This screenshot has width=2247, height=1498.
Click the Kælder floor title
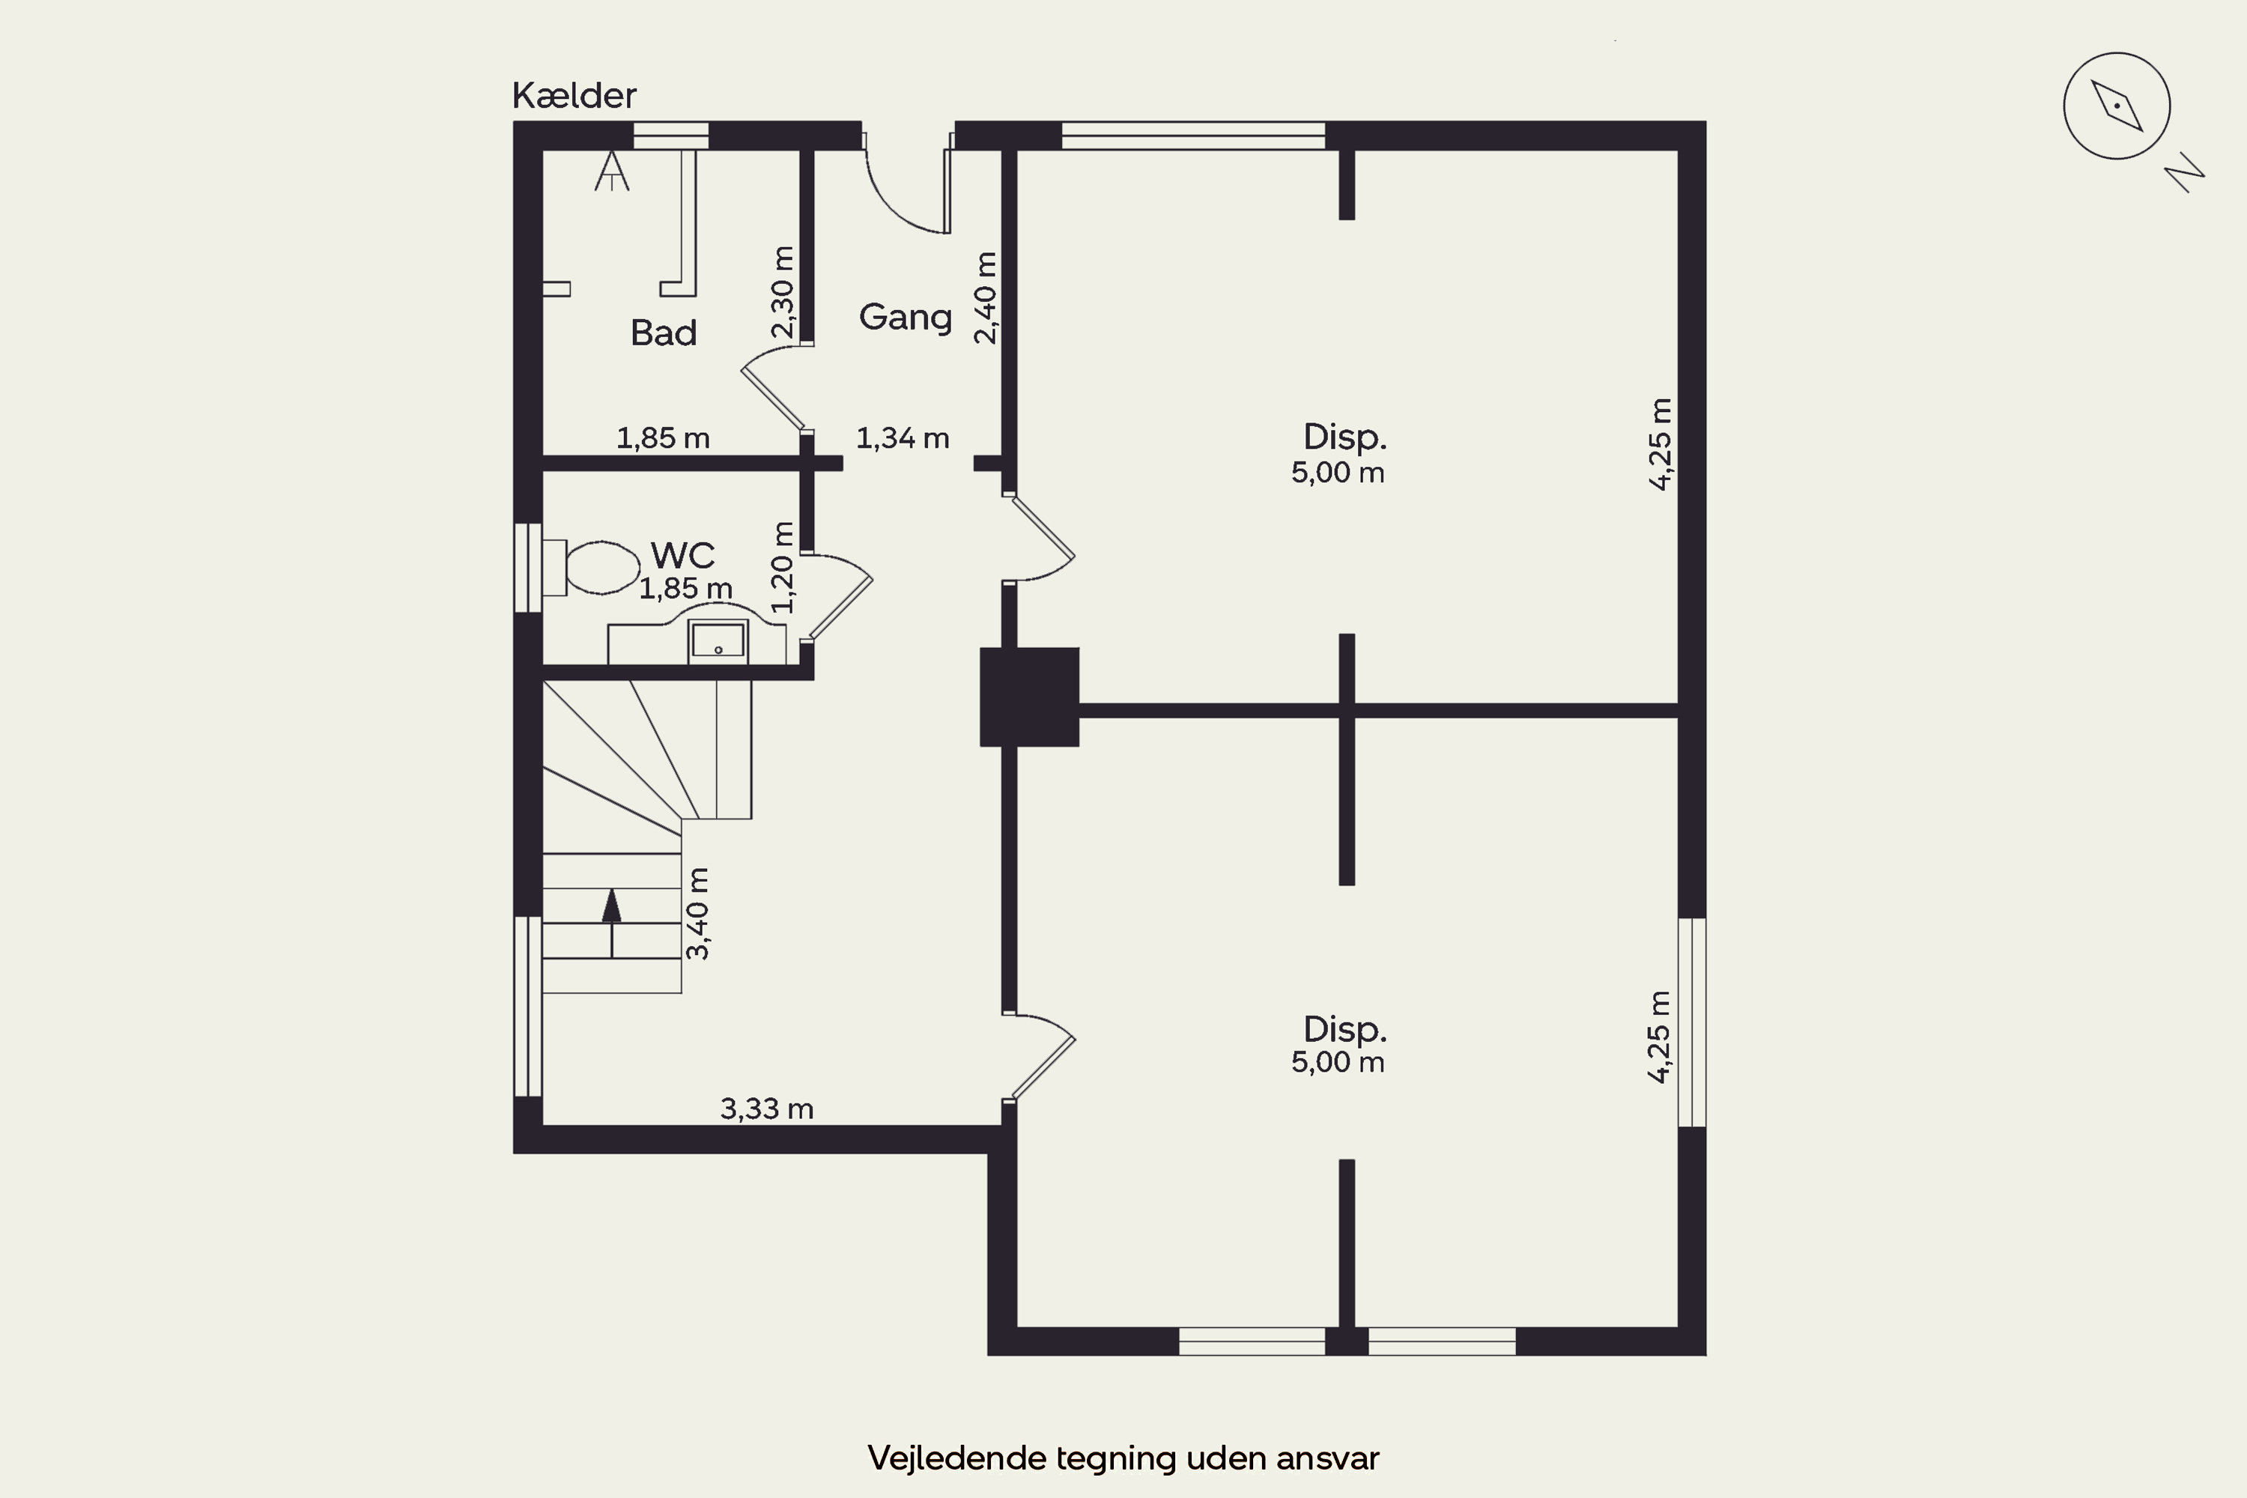tap(574, 96)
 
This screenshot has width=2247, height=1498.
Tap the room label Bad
tap(663, 333)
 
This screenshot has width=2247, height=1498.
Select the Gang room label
tap(905, 317)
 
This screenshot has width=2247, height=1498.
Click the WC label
tap(682, 554)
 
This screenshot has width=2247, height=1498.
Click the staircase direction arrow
tap(611, 922)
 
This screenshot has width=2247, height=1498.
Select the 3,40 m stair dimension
tap(697, 912)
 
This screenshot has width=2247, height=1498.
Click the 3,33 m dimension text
tap(766, 1109)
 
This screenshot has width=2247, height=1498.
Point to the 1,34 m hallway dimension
tap(902, 438)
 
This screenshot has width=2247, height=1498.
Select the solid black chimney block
tap(1029, 697)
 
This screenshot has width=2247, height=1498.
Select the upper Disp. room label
tap(1344, 437)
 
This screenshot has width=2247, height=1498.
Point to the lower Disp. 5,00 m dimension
tap(1338, 1061)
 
